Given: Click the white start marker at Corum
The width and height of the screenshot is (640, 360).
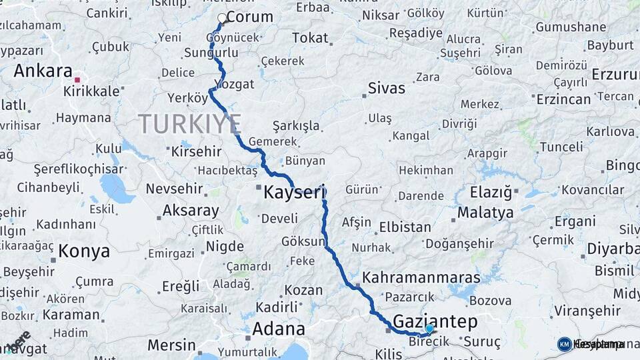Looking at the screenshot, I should coord(222,18).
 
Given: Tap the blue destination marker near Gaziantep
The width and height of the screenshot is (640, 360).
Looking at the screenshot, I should coord(429,329).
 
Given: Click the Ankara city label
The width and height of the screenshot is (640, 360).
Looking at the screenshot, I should coord(43,71).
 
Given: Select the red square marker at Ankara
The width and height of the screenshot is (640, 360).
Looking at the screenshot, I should coord(77,80).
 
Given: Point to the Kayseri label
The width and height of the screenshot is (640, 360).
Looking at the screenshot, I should coord(294,193).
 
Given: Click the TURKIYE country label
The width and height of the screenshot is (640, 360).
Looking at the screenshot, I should coord(190,124).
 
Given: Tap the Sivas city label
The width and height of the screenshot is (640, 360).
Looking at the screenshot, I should coord(387,88).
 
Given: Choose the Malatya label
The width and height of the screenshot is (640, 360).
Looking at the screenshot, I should coord(485,213).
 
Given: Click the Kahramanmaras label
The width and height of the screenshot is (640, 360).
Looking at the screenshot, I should coord(421,277).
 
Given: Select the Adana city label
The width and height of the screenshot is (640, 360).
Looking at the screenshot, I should coord(279,329).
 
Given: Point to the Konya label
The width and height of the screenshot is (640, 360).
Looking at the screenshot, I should coord(83,251).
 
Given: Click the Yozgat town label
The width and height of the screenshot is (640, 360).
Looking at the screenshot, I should coord(235,84).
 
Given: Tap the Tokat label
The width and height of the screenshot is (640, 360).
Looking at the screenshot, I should coord(310,38).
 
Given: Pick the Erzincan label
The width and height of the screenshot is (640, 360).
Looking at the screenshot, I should coord(563,99).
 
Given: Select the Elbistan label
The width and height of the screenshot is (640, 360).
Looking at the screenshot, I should coord(405,227).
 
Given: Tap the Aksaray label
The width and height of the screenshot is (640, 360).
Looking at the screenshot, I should coord(191,211).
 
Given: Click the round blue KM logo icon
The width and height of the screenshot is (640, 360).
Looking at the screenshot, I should coord(564,344).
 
